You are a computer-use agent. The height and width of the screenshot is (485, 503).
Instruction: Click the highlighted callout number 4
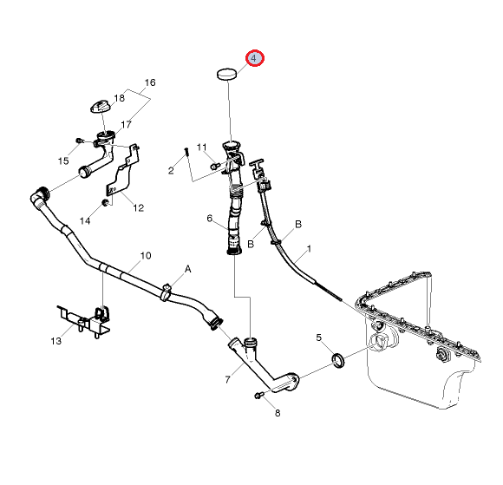254,58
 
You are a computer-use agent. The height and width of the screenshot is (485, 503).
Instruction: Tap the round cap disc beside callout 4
227,74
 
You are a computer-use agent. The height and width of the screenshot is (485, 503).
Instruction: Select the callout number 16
150,82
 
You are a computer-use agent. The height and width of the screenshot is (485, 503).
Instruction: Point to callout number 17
126,124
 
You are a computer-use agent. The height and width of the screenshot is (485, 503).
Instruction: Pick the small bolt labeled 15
79,141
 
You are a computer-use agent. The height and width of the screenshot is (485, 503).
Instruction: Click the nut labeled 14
104,202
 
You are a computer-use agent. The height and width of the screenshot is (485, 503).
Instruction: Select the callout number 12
138,208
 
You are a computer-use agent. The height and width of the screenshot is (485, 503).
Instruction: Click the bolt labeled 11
214,166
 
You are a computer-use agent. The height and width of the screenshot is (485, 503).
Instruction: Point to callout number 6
210,219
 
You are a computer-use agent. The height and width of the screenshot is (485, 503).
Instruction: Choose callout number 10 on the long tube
146,255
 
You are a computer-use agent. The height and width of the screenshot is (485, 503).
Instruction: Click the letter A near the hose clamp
187,269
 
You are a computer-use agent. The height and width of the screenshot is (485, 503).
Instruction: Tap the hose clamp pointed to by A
166,292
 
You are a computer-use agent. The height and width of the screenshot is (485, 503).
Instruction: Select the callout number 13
56,341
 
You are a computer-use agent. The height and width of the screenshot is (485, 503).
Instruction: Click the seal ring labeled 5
339,360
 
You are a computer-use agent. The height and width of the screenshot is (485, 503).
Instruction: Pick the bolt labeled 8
259,396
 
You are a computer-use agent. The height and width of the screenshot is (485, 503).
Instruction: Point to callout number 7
227,379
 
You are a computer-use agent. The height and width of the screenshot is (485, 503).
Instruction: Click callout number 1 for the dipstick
309,249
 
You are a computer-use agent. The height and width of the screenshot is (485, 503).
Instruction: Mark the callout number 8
278,413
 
